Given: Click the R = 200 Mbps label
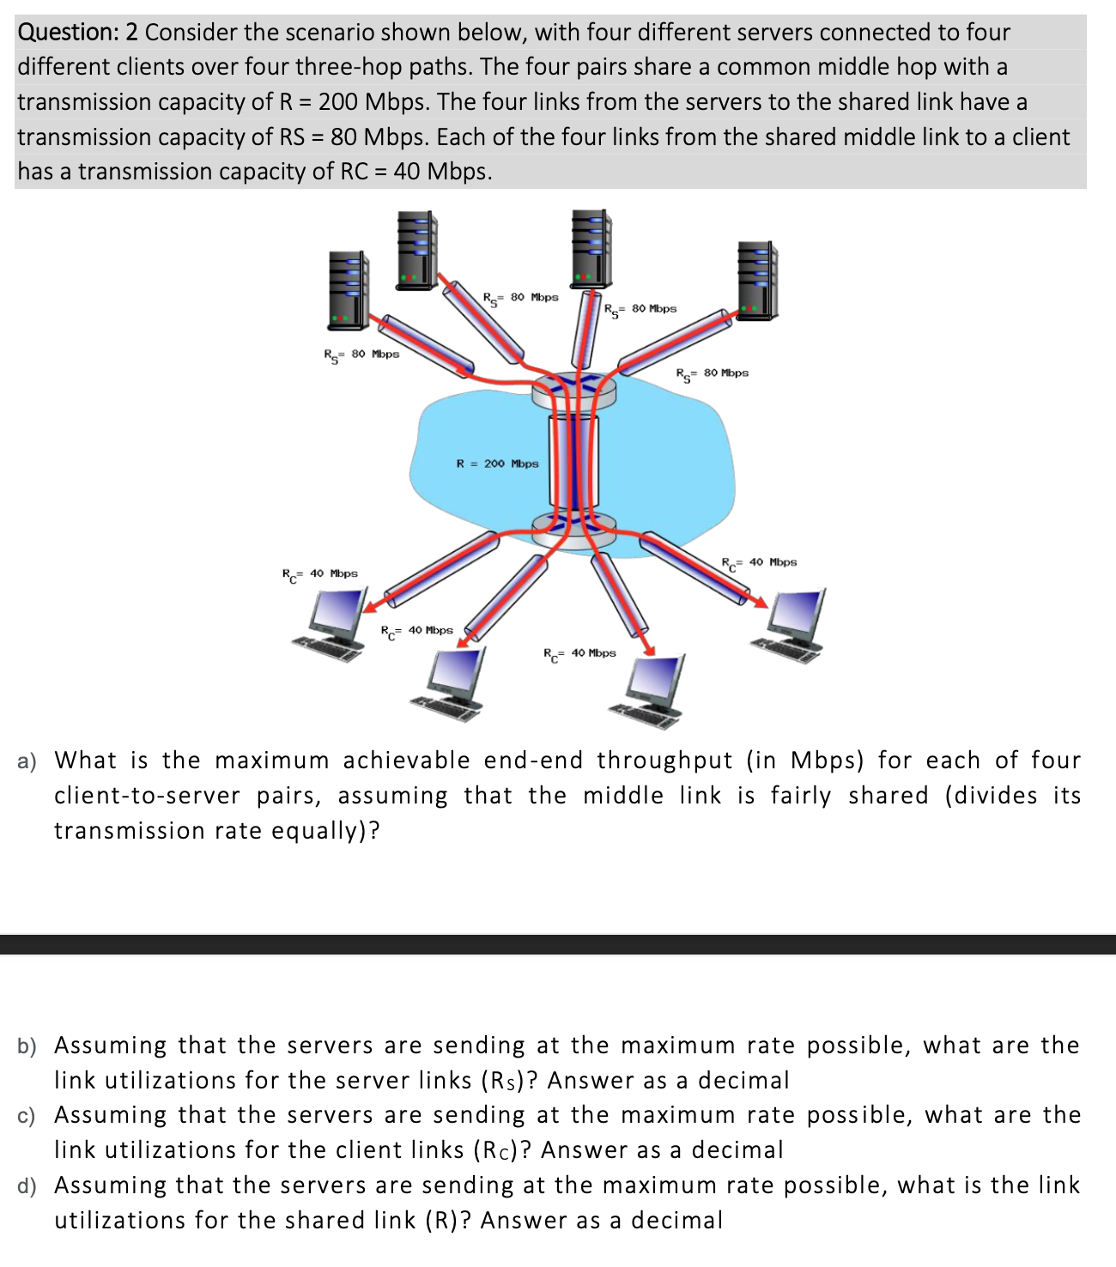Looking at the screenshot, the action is [497, 464].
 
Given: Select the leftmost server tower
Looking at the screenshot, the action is [348, 289].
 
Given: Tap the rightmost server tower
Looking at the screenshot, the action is [757, 281].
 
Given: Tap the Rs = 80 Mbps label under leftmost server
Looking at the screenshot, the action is [361, 355].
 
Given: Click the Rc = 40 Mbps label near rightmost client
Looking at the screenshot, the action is [759, 563].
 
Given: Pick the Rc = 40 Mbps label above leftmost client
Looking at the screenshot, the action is [320, 573].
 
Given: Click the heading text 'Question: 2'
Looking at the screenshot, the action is [77, 33].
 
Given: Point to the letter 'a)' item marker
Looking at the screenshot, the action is [27, 761].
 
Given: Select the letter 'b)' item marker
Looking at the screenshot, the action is [27, 1046].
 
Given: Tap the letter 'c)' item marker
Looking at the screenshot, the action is [27, 1116].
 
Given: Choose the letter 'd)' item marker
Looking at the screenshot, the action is [27, 1186].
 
